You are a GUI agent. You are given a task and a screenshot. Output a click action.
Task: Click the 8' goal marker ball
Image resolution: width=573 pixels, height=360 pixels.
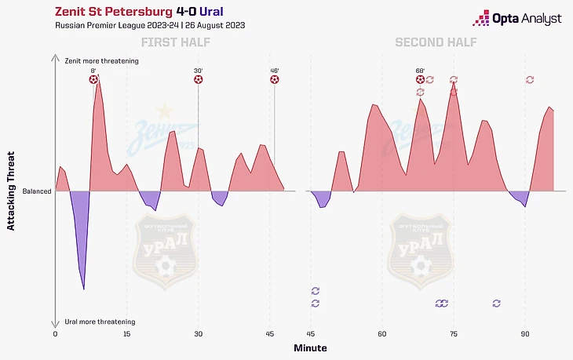pos(93,79)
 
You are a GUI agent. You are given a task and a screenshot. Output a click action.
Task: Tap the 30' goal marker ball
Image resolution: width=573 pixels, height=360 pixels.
pos(198,79)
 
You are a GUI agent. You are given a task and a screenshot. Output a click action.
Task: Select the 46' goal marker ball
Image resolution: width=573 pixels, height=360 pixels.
pos(275,79)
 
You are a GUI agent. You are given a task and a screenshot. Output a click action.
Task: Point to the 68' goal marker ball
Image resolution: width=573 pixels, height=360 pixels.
pos(421,79)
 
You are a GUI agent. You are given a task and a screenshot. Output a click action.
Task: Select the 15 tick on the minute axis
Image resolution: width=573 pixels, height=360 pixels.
pos(126,334)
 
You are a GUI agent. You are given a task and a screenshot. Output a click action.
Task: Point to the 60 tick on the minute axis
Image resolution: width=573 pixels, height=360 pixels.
pos(381,334)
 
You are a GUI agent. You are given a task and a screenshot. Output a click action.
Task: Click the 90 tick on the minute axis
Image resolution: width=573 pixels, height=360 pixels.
pos(525,334)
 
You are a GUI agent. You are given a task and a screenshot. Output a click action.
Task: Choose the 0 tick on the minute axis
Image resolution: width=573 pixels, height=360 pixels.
pos(55,334)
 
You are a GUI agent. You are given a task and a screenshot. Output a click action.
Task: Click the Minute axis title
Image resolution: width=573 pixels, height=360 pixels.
pos(310,347)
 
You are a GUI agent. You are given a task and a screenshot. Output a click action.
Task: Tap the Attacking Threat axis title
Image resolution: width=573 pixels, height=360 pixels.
pos(11,191)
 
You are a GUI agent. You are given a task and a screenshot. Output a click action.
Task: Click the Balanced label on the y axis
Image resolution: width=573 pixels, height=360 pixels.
pos(37,191)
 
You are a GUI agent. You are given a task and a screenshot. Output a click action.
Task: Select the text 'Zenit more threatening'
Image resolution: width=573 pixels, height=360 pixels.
pos(101,60)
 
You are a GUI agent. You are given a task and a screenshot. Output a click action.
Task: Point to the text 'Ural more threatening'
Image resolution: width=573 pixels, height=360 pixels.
pos(100,322)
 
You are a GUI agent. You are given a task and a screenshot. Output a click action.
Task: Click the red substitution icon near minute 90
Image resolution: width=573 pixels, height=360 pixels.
pos(530,79)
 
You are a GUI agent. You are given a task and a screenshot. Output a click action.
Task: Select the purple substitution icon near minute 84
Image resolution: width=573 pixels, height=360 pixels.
pos(497,303)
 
